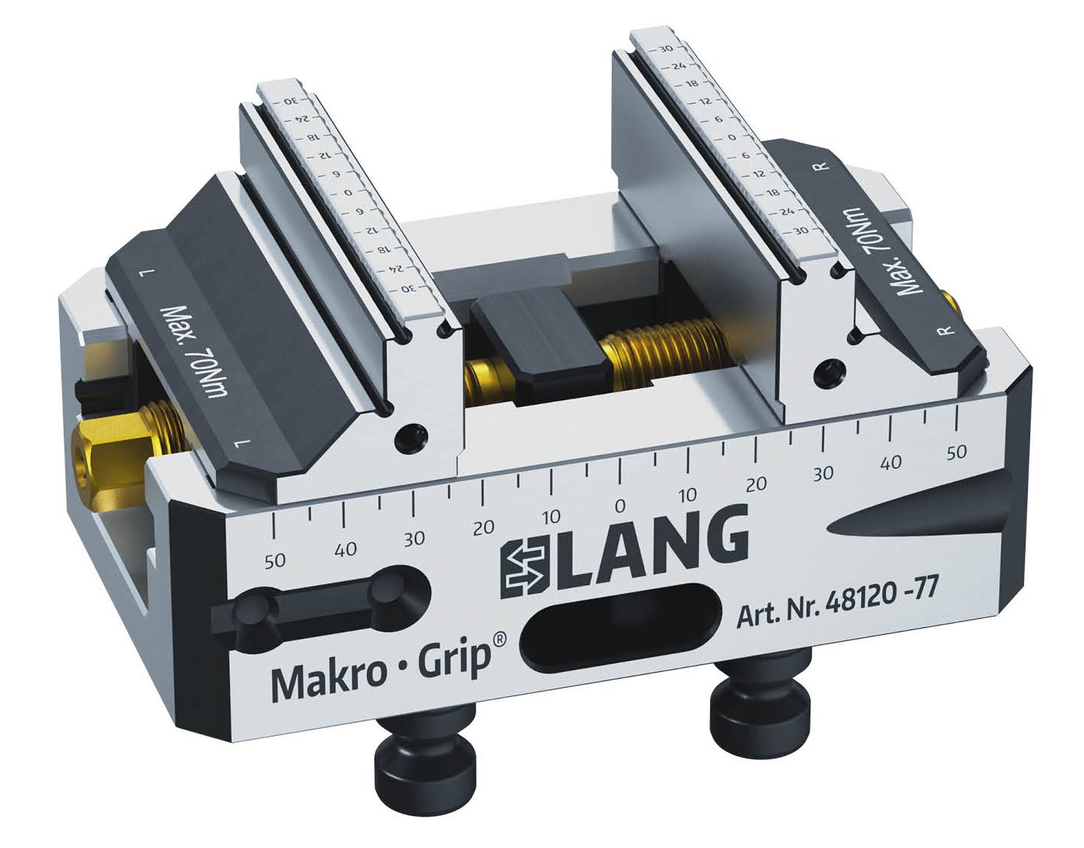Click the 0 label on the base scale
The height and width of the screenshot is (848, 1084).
619,506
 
